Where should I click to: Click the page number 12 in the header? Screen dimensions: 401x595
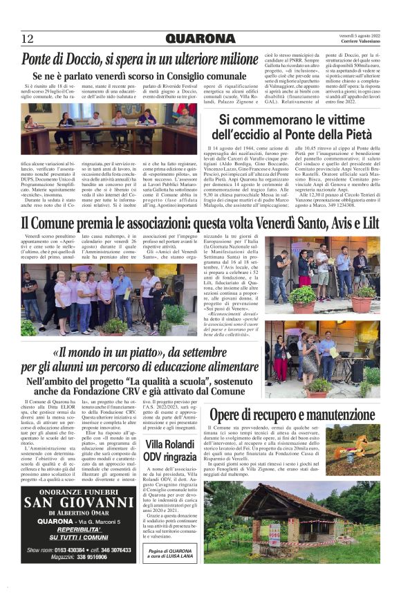point(27,38)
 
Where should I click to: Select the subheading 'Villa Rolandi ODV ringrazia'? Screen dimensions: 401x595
point(171,450)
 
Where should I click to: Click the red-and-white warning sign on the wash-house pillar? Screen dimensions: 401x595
point(274,533)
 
